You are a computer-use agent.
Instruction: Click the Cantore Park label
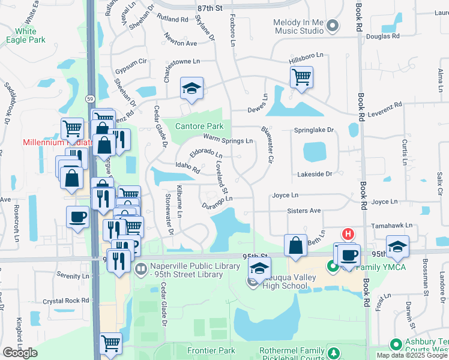[199, 126]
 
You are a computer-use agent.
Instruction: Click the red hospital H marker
[347, 233]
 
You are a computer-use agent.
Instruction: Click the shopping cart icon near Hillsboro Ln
[301, 76]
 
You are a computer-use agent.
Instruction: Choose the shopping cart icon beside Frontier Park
[110, 343]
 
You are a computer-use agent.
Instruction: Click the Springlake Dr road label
[313, 130]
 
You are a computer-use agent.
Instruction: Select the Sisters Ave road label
[304, 211]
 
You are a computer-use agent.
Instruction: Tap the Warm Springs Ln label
[228, 140]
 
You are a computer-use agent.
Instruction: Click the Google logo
[20, 352]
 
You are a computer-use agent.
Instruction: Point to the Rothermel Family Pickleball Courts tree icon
[334, 352]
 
